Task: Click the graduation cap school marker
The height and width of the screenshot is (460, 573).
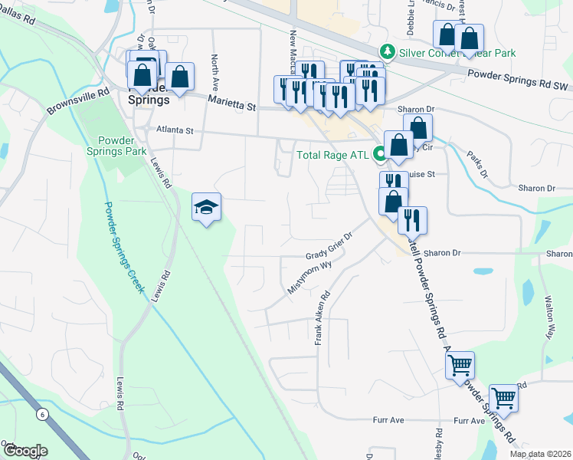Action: coord(206,208)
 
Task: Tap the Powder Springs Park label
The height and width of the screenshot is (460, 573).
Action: coord(122,146)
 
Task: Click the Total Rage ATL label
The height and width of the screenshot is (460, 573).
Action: coord(332,154)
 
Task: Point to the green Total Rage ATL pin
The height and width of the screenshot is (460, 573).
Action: coord(379,154)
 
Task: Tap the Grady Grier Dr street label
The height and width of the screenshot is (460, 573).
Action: coord(329,246)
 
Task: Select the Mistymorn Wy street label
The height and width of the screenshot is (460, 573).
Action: coord(313,277)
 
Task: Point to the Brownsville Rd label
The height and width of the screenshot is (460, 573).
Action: coord(74,98)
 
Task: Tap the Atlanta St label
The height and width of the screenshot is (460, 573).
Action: coord(175,130)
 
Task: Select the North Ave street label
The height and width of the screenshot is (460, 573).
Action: coord(215,72)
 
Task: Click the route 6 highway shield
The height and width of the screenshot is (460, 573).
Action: coord(41,414)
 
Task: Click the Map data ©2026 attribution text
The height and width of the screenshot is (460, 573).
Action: coord(540,454)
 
